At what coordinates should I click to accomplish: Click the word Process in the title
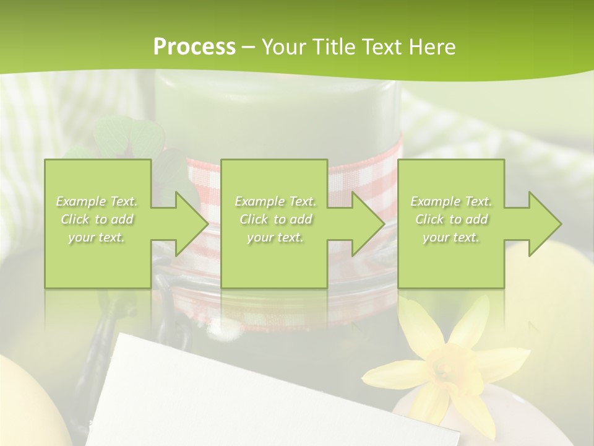click(x=194, y=47)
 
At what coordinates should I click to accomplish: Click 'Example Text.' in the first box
click(x=97, y=201)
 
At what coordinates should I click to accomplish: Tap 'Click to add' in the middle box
click(x=275, y=219)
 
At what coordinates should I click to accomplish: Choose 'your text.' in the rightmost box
click(x=451, y=237)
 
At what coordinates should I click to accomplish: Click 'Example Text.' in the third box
click(x=451, y=201)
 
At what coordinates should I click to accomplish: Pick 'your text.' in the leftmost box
click(x=97, y=237)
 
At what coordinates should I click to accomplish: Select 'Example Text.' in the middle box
click(x=275, y=201)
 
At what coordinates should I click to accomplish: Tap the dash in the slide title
click(x=248, y=47)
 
